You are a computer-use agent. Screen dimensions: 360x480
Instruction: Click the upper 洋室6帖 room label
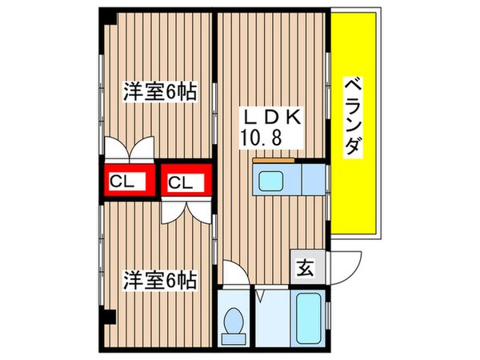point(159,91)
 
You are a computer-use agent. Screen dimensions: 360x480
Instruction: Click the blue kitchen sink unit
point(274,178)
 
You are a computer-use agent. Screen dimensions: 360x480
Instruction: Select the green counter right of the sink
point(313,178)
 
